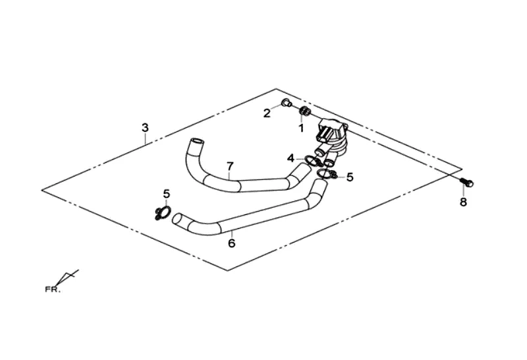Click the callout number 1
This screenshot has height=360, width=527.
301,128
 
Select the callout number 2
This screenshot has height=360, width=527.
267,113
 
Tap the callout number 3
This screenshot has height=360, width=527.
146,127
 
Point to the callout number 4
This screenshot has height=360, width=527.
291,158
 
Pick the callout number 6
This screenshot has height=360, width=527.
231,243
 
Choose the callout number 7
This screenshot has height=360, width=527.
230,165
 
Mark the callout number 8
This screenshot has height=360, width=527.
463,202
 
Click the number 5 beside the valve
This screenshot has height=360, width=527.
350,177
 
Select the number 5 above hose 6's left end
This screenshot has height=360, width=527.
167,194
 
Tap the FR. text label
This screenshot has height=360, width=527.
53,289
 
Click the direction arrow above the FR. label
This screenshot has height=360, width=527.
68,277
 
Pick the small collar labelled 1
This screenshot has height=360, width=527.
304,110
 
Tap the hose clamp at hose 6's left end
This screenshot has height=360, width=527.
162,213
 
